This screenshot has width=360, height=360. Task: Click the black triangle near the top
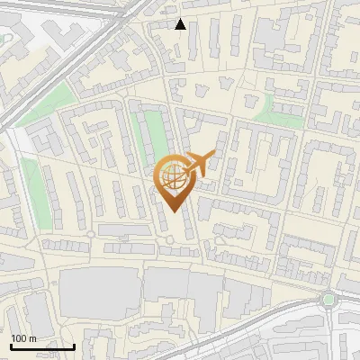(181, 24)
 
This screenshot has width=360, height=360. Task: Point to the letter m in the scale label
(33, 337)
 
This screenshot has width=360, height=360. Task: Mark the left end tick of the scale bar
(11, 346)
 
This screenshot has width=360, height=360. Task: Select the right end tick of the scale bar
(74, 346)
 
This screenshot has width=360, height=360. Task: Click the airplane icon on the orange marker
(200, 163)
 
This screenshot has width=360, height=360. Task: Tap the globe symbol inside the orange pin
(174, 176)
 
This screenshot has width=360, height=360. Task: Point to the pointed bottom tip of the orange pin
(174, 212)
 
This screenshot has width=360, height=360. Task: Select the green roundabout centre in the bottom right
(328, 300)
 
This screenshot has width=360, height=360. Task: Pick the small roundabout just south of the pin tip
(168, 239)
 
